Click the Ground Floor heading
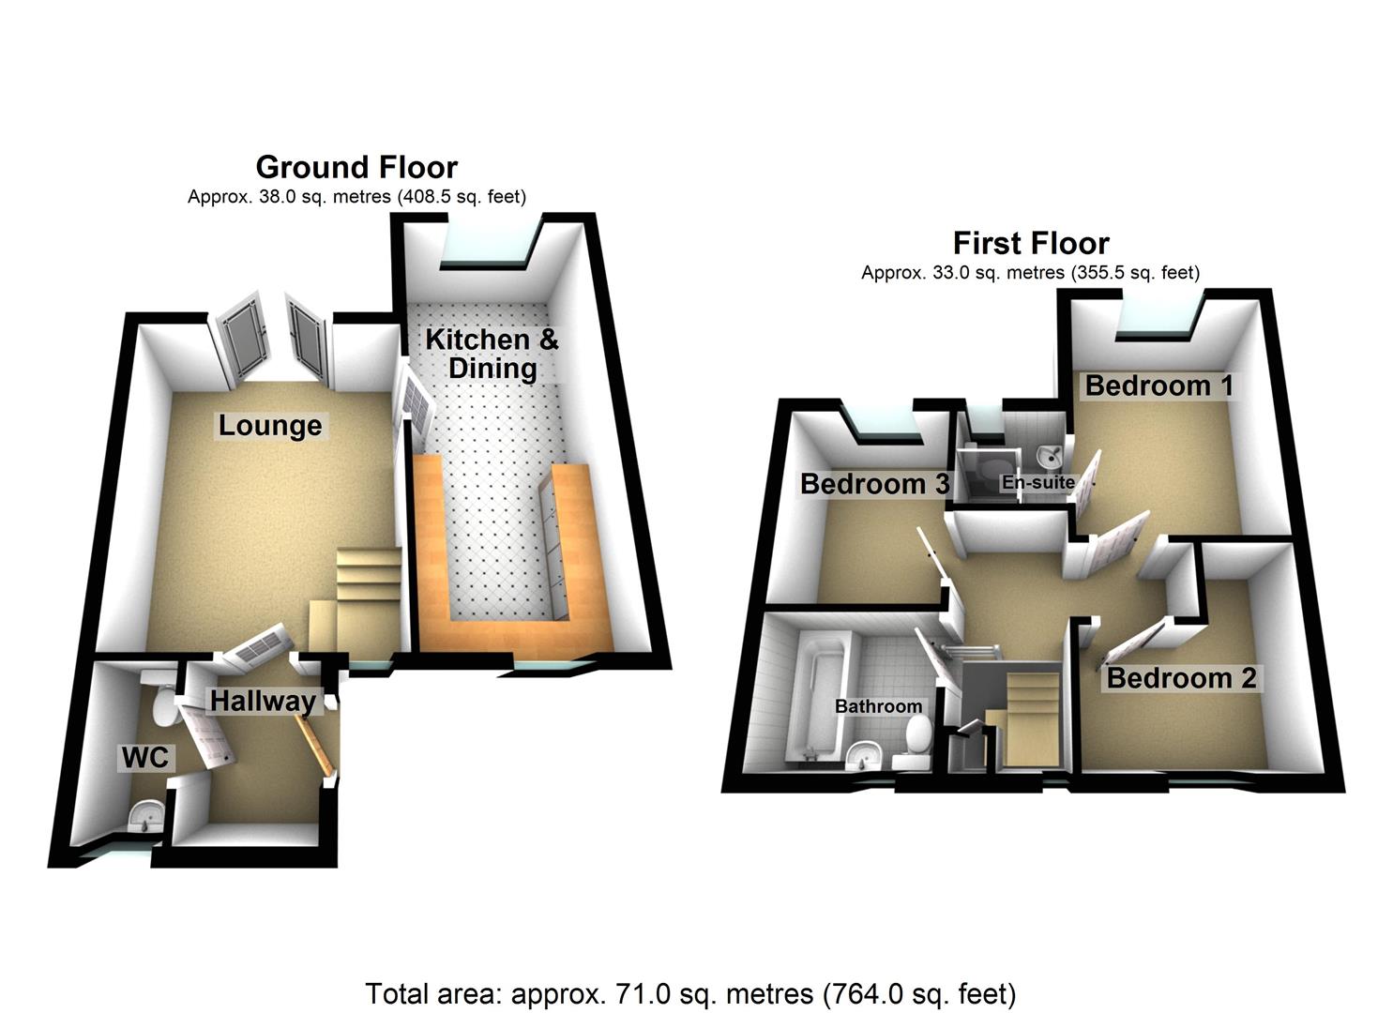356,167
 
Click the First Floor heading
1030,243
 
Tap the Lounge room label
270,426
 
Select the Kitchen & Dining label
492,354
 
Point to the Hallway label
262,701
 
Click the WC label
145,758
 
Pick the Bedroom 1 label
1159,386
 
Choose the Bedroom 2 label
1181,678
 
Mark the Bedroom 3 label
874,484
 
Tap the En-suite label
1037,483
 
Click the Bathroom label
878,706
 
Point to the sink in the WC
145,819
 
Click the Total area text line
689,993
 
